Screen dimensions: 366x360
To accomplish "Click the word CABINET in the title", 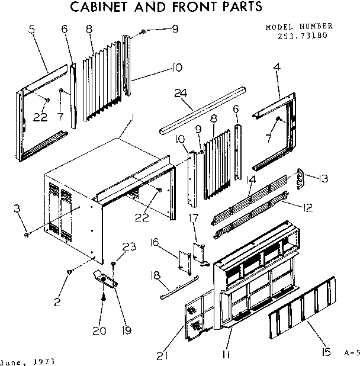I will (x=104, y=8).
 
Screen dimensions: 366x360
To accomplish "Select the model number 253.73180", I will (x=302, y=35).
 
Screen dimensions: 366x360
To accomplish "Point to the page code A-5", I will (x=351, y=354).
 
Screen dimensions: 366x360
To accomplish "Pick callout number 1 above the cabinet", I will (x=134, y=118).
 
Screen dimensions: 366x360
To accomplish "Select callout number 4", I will (x=276, y=67).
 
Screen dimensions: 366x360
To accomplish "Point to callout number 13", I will (x=324, y=178).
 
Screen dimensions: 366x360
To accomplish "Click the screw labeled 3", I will (x=27, y=235).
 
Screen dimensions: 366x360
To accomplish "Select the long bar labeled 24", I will (x=201, y=111).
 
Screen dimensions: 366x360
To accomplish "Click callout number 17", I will (x=192, y=218).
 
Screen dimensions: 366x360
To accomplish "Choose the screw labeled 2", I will (x=70, y=272).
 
